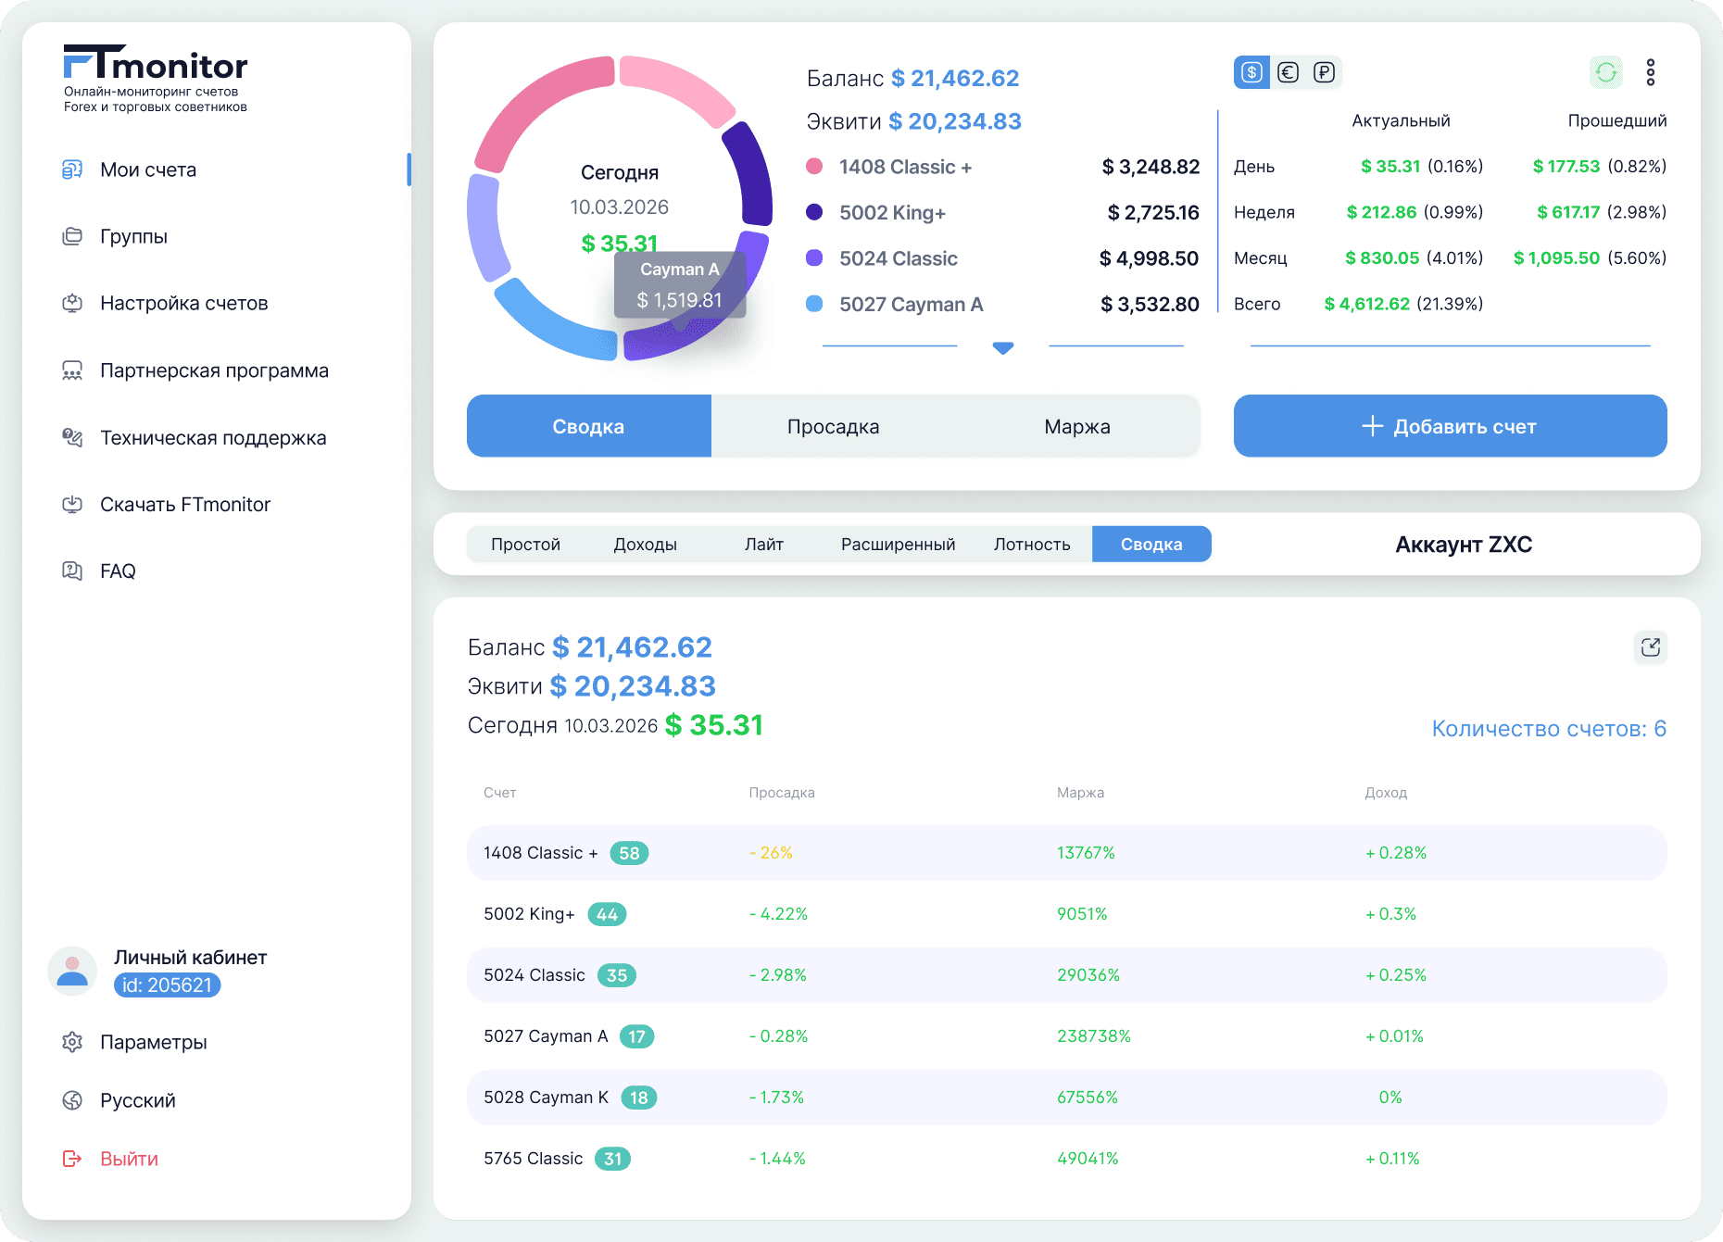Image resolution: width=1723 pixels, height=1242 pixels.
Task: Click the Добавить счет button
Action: point(1450,426)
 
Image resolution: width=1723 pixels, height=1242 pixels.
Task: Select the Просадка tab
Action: point(833,426)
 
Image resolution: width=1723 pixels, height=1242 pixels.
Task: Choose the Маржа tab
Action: point(1076,426)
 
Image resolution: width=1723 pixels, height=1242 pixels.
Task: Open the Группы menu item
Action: point(133,236)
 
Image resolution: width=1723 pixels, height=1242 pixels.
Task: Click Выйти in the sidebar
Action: point(129,1159)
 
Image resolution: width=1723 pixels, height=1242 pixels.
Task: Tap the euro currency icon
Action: point(1288,72)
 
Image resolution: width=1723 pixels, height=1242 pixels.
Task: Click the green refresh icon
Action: point(1606,72)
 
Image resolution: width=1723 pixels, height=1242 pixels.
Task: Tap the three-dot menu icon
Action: point(1650,72)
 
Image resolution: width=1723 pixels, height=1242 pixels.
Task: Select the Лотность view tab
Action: point(1032,545)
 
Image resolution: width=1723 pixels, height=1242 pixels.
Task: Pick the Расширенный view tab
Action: point(898,545)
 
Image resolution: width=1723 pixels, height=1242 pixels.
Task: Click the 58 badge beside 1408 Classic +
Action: point(629,853)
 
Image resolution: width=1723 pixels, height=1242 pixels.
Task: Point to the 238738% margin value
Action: point(1093,1036)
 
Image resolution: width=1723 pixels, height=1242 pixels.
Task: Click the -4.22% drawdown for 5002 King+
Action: point(778,914)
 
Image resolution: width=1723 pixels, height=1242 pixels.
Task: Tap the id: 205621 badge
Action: point(167,985)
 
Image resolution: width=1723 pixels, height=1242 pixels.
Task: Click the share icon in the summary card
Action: point(1650,647)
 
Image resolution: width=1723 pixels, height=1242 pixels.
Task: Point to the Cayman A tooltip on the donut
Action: point(680,285)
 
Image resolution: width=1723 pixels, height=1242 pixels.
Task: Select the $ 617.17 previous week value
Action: point(1568,212)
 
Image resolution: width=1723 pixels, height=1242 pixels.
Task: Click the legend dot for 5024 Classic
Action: point(814,258)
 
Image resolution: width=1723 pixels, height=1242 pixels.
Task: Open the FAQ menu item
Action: point(118,571)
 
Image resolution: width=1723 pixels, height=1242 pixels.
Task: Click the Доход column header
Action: point(1385,793)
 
